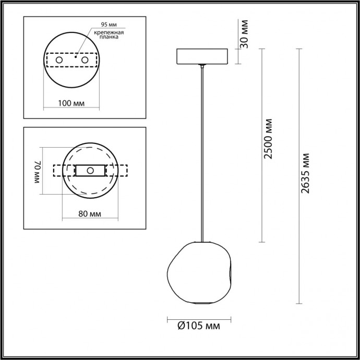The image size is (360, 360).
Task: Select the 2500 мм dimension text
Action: coord(269,139)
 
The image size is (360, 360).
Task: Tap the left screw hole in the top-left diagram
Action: coord(59,61)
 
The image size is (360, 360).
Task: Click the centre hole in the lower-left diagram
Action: coord(90,171)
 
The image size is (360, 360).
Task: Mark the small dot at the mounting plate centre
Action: coord(76,61)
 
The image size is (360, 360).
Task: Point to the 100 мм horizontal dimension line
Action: coord(71,110)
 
